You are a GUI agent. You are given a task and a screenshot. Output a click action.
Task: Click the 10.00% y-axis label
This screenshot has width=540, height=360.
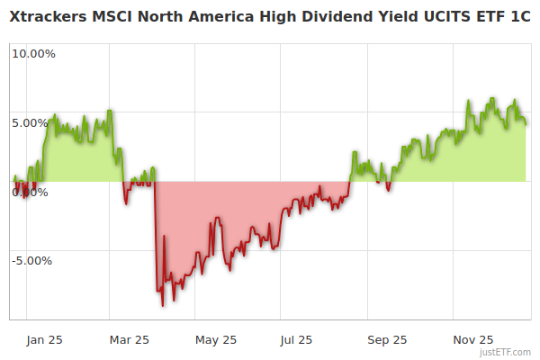pyautogui.click(x=33, y=53)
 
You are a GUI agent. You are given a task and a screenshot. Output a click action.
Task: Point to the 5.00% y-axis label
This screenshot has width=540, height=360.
pyautogui.click(x=33, y=122)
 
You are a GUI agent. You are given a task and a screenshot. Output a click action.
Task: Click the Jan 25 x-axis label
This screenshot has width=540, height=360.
pyautogui.click(x=44, y=339)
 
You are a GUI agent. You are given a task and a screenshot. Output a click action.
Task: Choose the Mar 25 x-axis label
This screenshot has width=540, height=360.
pyautogui.click(x=129, y=339)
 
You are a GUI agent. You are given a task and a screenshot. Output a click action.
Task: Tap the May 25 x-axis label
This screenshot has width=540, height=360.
pyautogui.click(x=216, y=339)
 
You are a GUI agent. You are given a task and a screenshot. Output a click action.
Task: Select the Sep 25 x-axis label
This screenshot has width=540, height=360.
pyautogui.click(x=387, y=339)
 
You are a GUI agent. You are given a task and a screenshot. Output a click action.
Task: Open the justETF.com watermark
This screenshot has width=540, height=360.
pyautogui.click(x=506, y=352)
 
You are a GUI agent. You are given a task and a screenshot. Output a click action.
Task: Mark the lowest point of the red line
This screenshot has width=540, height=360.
pyautogui.click(x=163, y=305)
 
